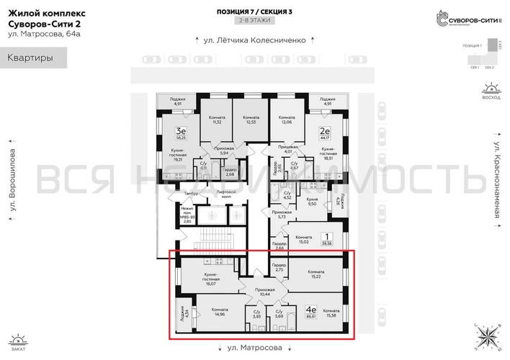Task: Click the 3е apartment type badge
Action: click(x=182, y=132)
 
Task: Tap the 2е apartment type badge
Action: click(x=324, y=132)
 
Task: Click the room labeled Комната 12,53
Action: click(x=251, y=120)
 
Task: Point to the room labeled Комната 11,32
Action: click(x=216, y=120)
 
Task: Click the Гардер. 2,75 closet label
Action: click(x=279, y=268)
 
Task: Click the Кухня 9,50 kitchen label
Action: click(x=312, y=201)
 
